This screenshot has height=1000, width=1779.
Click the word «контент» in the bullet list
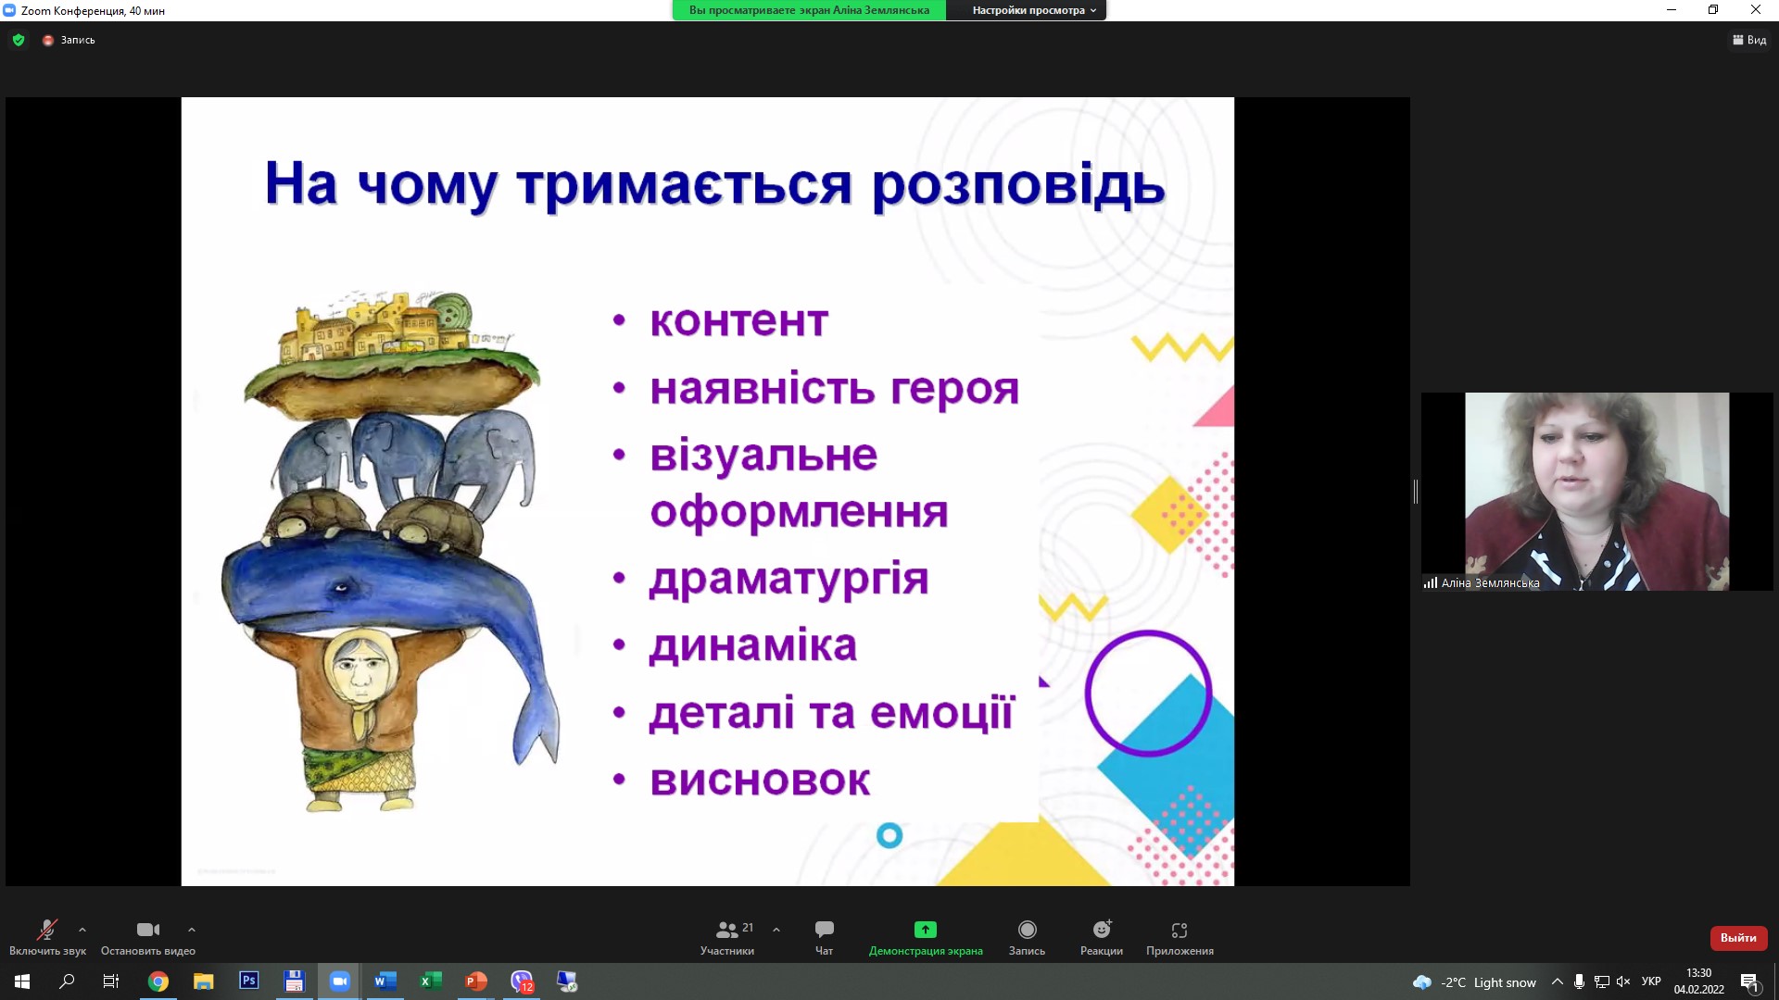pyautogui.click(x=738, y=320)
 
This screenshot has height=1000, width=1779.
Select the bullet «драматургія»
pyautogui.click(x=789, y=580)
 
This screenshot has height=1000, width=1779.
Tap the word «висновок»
pyautogui.click(x=760, y=780)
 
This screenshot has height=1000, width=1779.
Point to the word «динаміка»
pyautogui.click(x=753, y=645)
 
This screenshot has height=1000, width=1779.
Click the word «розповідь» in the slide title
pyautogui.click(x=1018, y=185)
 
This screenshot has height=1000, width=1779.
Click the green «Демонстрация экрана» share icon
pyautogui.click(x=926, y=930)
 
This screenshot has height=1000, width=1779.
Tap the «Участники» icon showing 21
pyautogui.click(x=727, y=930)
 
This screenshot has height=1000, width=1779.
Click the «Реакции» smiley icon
pyautogui.click(x=1102, y=930)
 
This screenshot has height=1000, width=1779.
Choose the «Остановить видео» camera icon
pyautogui.click(x=148, y=930)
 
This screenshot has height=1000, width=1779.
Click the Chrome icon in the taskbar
pyautogui.click(x=158, y=981)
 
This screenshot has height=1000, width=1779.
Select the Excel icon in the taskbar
pyautogui.click(x=431, y=981)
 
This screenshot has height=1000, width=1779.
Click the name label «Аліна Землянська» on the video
pyautogui.click(x=1490, y=583)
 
